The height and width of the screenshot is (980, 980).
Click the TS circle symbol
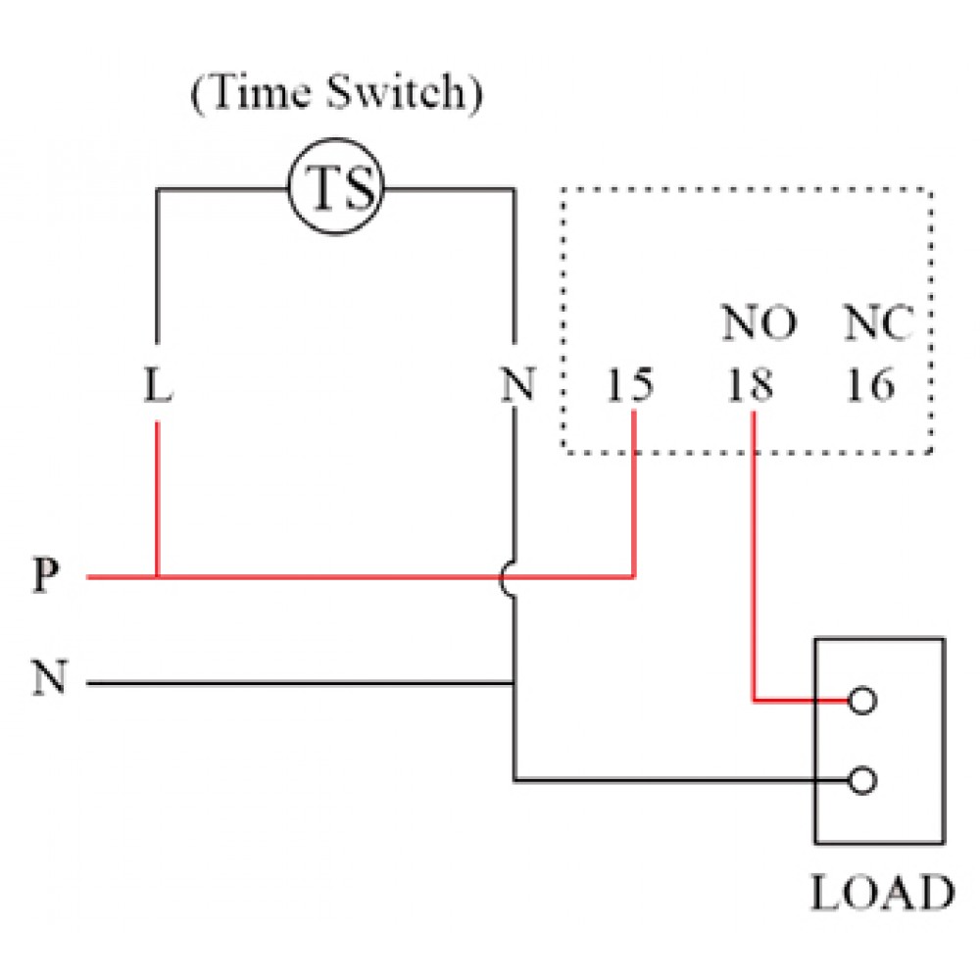336,190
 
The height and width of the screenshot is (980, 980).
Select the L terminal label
157,387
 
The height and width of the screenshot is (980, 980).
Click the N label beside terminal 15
516,387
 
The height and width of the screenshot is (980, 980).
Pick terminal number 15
629,387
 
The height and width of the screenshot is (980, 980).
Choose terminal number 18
750,387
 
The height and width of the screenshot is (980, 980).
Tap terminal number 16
870,387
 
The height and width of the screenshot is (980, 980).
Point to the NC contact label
878,323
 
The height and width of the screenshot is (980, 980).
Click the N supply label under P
48,679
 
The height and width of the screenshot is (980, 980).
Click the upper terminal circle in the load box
862,701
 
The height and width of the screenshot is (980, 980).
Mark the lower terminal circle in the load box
862,780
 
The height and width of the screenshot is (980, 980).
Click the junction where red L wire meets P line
158,577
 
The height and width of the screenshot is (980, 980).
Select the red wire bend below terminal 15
634,577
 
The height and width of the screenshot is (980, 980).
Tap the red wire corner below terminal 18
754,701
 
